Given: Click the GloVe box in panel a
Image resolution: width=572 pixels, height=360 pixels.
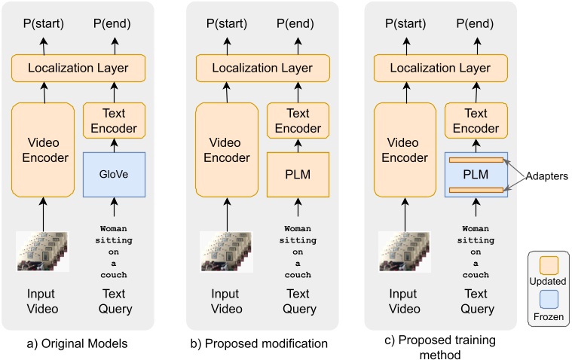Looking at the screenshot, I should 113,175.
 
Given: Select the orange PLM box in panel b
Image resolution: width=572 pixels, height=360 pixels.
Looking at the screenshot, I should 298,175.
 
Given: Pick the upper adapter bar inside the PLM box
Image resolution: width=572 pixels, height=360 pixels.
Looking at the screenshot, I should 476,160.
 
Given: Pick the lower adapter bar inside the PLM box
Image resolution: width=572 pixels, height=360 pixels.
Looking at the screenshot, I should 476,189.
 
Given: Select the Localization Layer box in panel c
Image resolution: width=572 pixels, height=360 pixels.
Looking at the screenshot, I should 441,69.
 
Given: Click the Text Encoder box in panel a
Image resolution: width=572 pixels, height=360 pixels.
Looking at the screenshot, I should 113,120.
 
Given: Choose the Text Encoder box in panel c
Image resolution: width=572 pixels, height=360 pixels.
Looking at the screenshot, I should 476,120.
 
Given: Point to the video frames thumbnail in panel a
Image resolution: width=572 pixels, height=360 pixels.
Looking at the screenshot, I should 43,251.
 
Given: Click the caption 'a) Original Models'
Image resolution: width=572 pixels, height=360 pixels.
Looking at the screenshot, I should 78,344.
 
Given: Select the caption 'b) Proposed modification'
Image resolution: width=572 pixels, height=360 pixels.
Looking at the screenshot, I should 259,344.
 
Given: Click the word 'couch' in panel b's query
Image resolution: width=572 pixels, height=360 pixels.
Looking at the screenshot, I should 298,275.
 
